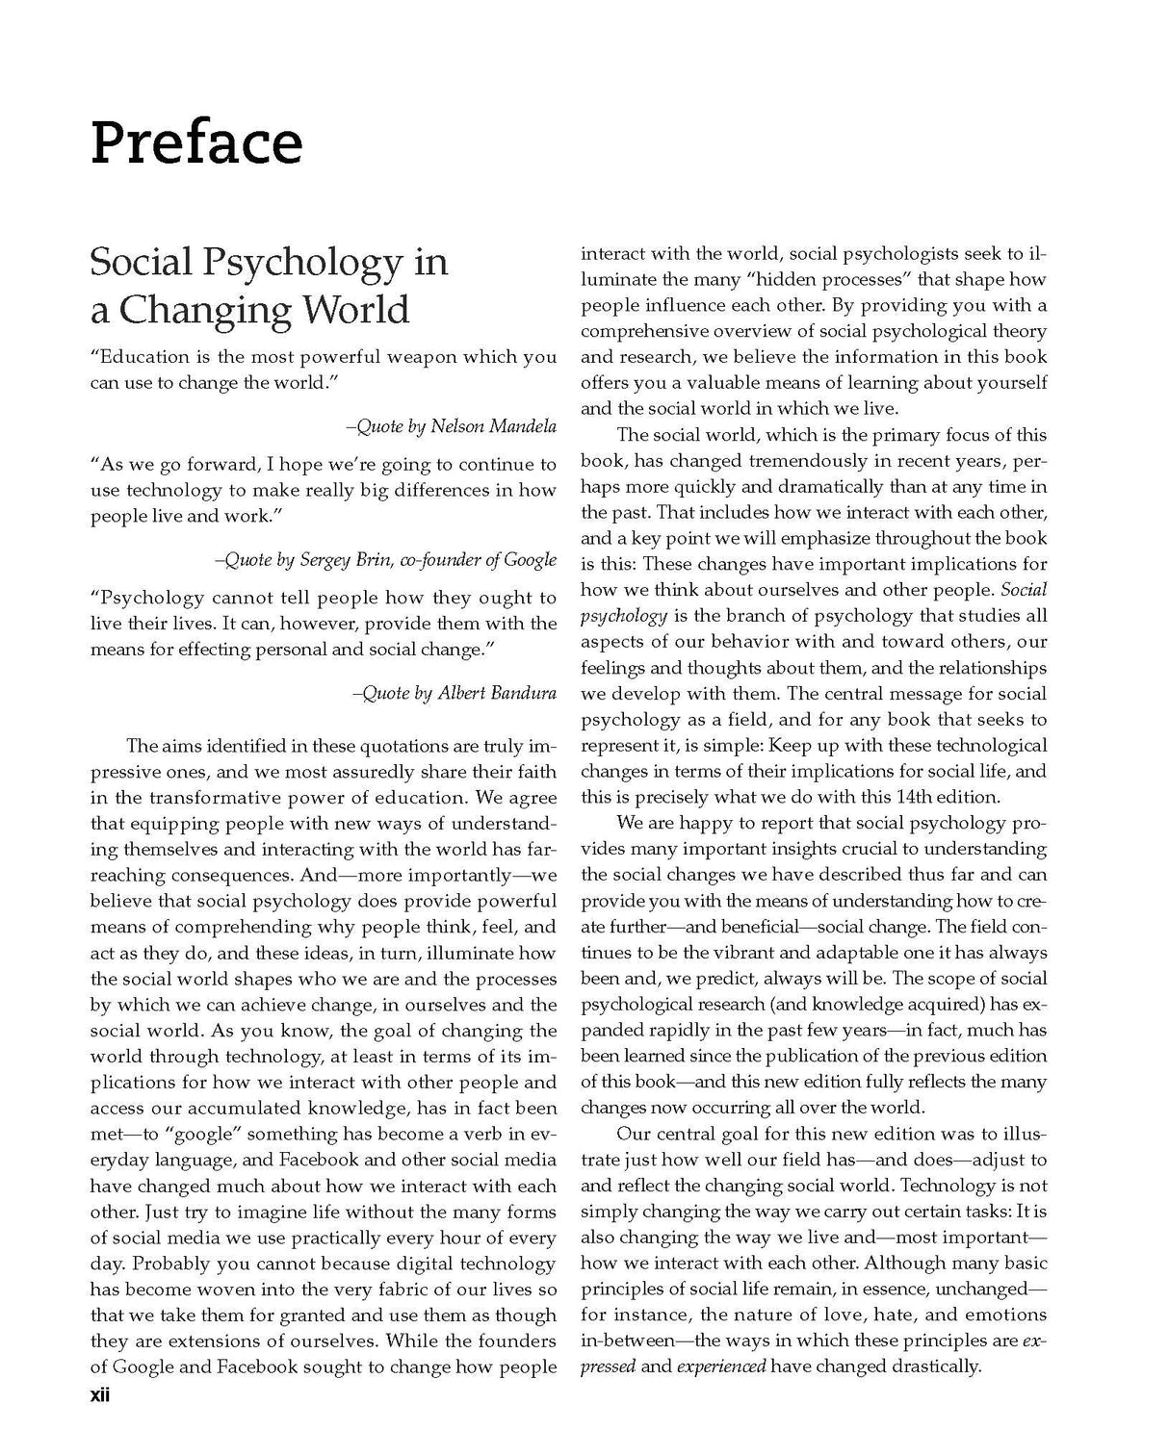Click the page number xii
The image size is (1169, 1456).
(100, 1395)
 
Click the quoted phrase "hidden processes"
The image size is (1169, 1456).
(818, 280)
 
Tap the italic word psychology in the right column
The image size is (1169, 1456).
(624, 616)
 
